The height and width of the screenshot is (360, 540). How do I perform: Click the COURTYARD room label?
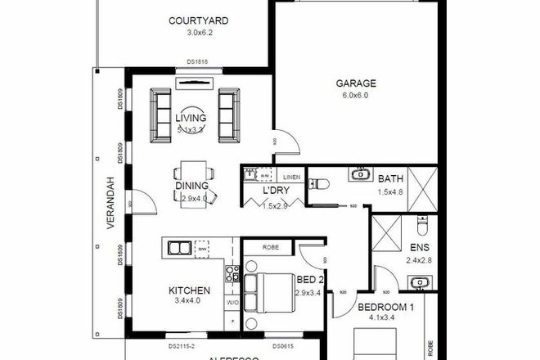(198, 21)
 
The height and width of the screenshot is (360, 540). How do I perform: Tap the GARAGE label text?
(355, 83)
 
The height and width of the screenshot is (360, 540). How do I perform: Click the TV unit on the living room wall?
(193, 81)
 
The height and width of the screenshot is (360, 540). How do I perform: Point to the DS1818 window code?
(195, 61)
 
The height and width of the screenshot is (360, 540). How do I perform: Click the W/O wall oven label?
(232, 301)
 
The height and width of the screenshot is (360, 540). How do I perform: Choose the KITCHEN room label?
(190, 290)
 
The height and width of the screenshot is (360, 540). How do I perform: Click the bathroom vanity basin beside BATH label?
(360, 173)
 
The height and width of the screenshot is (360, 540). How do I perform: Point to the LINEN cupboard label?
(292, 177)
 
